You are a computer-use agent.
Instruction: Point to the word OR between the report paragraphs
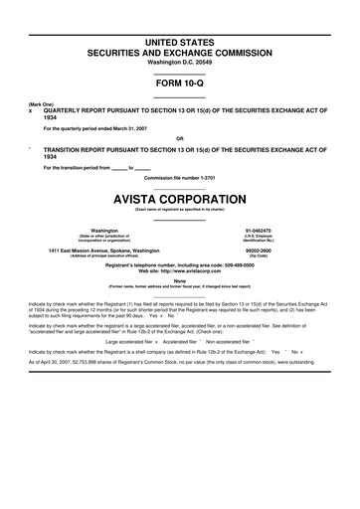[179, 137]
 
